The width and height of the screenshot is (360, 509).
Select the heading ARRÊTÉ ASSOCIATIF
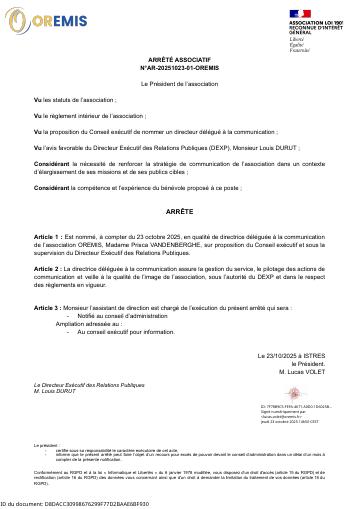179,59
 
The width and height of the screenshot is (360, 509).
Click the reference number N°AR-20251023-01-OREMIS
179,67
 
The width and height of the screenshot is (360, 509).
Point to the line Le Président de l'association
179,84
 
